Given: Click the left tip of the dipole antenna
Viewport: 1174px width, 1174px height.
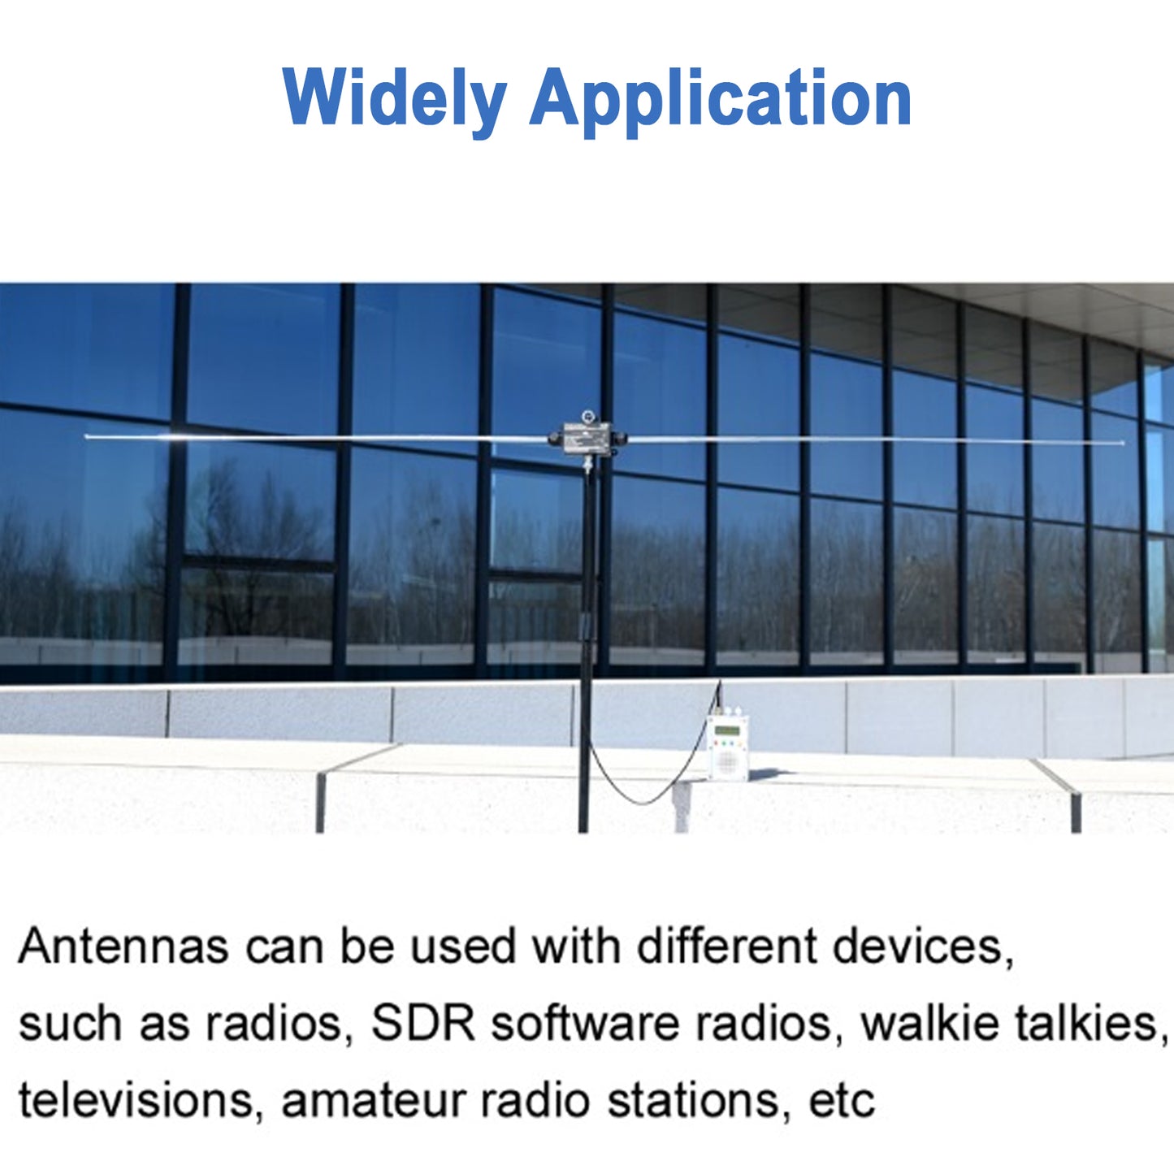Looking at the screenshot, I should click(88, 436).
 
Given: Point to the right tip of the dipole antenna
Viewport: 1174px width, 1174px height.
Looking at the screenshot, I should click(1122, 443).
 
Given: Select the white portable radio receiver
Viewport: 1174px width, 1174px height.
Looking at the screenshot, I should click(726, 746).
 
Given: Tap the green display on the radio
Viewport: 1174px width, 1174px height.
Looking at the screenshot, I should click(727, 730).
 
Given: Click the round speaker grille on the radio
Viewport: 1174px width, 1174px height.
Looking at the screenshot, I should click(726, 760).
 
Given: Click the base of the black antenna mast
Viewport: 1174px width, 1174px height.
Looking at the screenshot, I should click(583, 825).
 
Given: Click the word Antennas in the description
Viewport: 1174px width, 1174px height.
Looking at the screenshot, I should click(123, 947).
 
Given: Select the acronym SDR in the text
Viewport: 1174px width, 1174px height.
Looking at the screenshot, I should click(422, 1023).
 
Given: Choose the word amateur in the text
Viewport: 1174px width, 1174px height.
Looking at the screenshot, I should click(374, 1100).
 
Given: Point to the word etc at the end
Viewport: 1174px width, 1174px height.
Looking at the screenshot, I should click(842, 1100).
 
